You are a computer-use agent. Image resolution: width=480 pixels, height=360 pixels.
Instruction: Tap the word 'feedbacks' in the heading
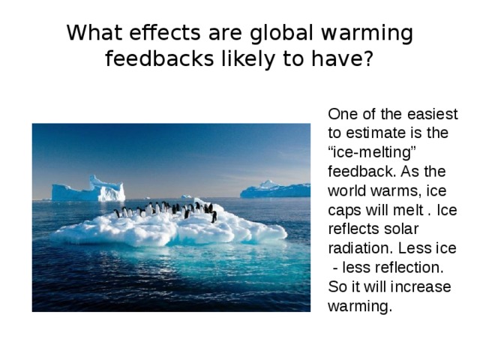point(159,58)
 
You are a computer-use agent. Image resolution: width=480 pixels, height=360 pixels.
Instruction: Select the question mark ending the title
point(367,58)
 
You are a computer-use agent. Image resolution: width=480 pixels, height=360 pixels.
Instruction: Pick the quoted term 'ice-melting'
point(372,152)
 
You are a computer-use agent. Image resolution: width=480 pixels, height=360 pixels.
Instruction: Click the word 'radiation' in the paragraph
point(360,248)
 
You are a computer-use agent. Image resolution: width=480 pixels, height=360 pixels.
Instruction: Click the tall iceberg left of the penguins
point(88,189)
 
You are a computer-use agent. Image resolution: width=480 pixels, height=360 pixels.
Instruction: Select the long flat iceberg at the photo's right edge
point(275,190)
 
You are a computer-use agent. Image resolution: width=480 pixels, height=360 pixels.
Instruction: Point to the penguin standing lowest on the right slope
point(214,217)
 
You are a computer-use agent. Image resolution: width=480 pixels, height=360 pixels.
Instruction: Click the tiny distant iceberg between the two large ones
point(187,196)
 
